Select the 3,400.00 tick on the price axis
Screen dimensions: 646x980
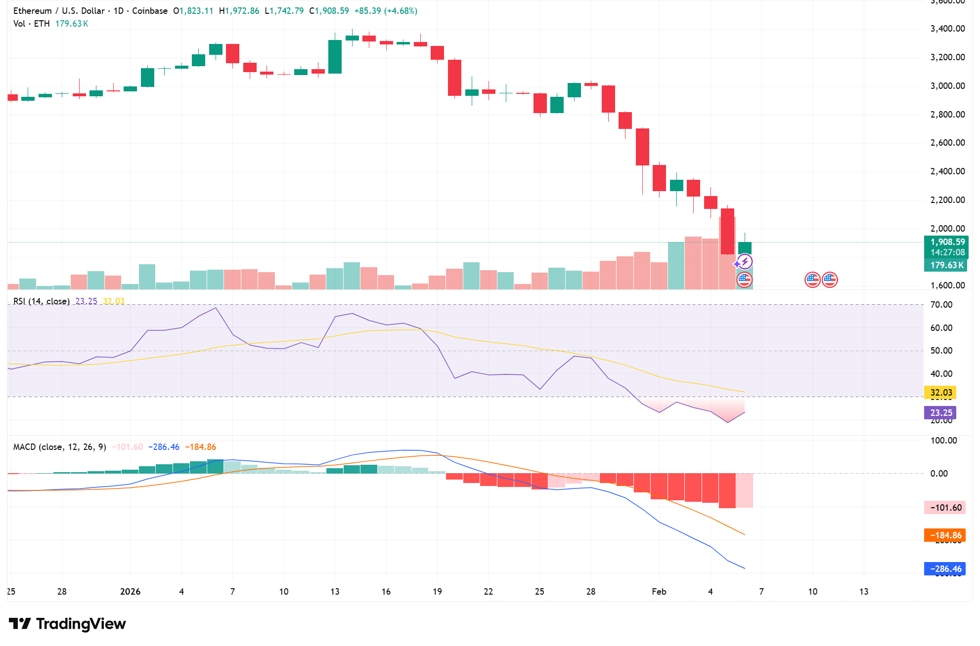[x=947, y=29]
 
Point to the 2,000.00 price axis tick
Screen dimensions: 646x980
[x=947, y=229]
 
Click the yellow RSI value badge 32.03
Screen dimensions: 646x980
[x=940, y=393]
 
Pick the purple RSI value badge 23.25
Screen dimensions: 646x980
[x=940, y=413]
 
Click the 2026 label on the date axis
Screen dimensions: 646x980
[x=130, y=592]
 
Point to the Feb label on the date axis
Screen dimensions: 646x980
[x=659, y=592]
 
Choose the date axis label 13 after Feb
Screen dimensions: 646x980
[x=863, y=592]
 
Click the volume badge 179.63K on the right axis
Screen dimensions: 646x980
[x=946, y=265]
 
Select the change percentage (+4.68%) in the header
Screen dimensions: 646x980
[x=400, y=11]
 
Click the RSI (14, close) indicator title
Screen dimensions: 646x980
[x=42, y=301]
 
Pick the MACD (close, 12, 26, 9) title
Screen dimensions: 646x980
[x=59, y=447]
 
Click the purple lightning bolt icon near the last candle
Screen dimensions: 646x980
[x=745, y=261]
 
